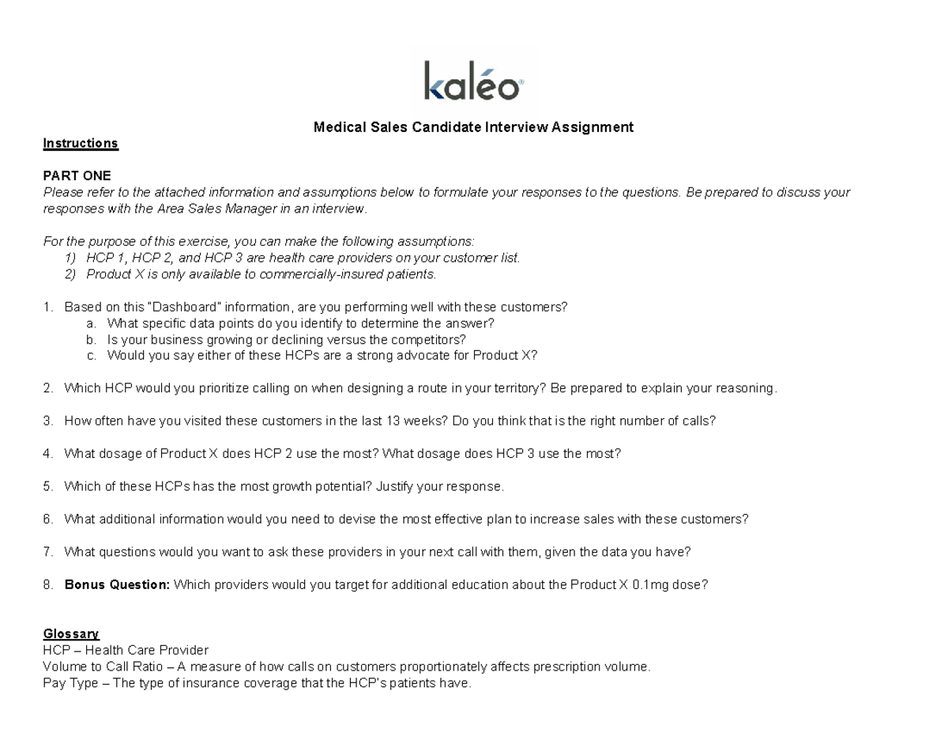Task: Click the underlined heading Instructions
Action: click(81, 143)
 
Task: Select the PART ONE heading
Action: click(77, 176)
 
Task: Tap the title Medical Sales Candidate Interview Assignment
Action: click(473, 127)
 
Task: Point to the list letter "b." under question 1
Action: click(92, 339)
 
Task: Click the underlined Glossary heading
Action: click(71, 633)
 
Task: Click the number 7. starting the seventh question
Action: click(49, 551)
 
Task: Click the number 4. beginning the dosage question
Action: click(49, 453)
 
